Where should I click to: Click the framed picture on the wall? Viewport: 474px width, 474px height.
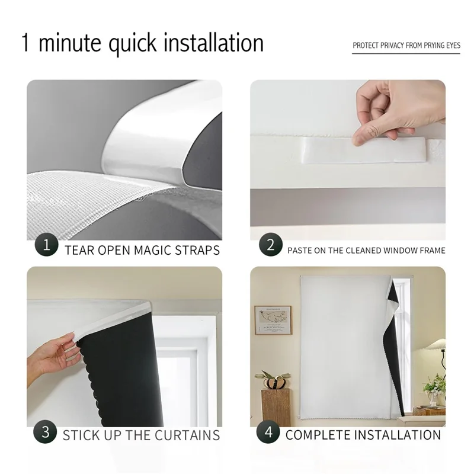(x=272, y=320)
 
